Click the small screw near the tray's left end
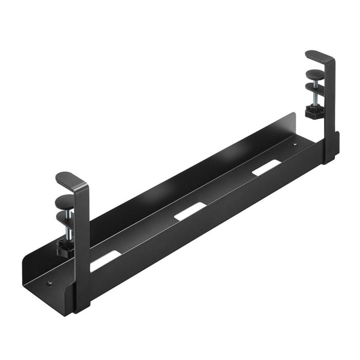(x=49, y=282)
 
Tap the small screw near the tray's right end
(x=295, y=146)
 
